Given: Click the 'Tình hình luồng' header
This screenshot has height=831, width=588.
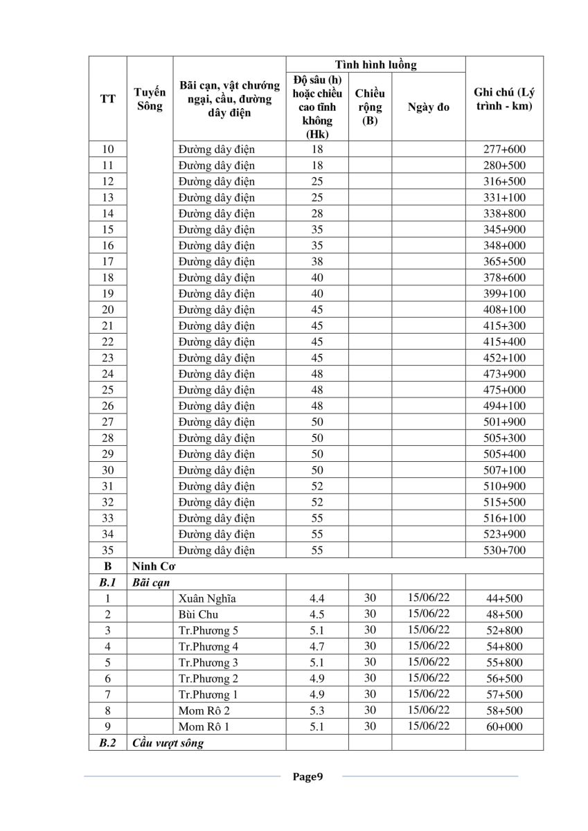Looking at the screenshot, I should tap(375, 65).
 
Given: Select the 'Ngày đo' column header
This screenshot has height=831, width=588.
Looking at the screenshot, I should tap(428, 107).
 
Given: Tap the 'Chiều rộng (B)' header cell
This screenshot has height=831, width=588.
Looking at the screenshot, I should tap(369, 107).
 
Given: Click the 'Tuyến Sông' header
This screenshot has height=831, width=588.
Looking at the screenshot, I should tap(150, 99).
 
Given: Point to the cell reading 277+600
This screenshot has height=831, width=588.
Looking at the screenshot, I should tap(504, 149).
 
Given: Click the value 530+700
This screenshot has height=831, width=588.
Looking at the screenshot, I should tap(504, 551).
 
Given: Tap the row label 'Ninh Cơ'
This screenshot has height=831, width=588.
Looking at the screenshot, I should tap(152, 566).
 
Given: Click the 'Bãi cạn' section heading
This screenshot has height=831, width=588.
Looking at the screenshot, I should tap(151, 582).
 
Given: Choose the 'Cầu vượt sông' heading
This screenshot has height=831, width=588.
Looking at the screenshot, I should tap(168, 743).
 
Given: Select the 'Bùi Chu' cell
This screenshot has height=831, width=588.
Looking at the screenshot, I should tap(198, 614).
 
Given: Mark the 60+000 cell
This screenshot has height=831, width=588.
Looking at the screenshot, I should tap(504, 726).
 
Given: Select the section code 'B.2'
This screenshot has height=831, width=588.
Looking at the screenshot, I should tap(107, 743).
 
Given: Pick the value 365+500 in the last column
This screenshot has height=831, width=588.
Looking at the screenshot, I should tap(504, 261).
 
